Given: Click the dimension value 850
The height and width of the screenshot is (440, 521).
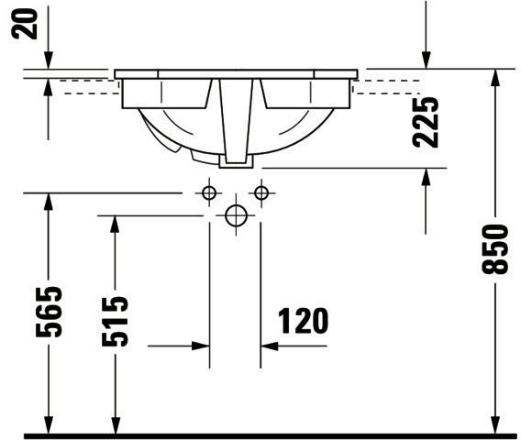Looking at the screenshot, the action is tap(495, 249).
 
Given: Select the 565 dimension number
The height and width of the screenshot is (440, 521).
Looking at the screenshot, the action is tap(49, 312).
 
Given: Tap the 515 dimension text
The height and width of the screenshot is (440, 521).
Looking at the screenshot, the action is tap(115, 322).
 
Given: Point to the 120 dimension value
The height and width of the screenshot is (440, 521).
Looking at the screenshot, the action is tap(303, 321).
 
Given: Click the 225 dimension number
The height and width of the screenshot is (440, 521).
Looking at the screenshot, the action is tap(426, 122).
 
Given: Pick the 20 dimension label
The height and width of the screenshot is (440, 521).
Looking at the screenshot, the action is tap(25, 24).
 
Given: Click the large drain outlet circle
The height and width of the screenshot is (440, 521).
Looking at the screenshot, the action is tap(237, 215).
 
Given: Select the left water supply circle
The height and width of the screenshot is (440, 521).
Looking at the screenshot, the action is tap(209, 192).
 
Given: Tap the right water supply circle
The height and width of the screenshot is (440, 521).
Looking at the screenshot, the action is tap(261, 192).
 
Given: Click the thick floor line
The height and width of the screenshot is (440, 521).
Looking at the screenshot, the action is tap(270, 436).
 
